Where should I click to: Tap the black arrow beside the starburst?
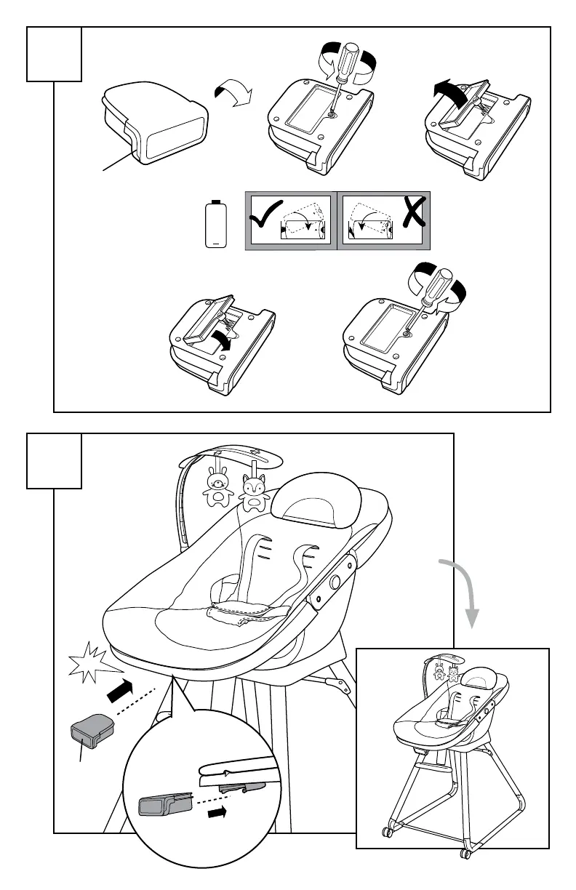click(119, 689)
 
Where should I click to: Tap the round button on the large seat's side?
click(336, 581)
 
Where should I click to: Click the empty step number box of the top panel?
click(54, 55)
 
